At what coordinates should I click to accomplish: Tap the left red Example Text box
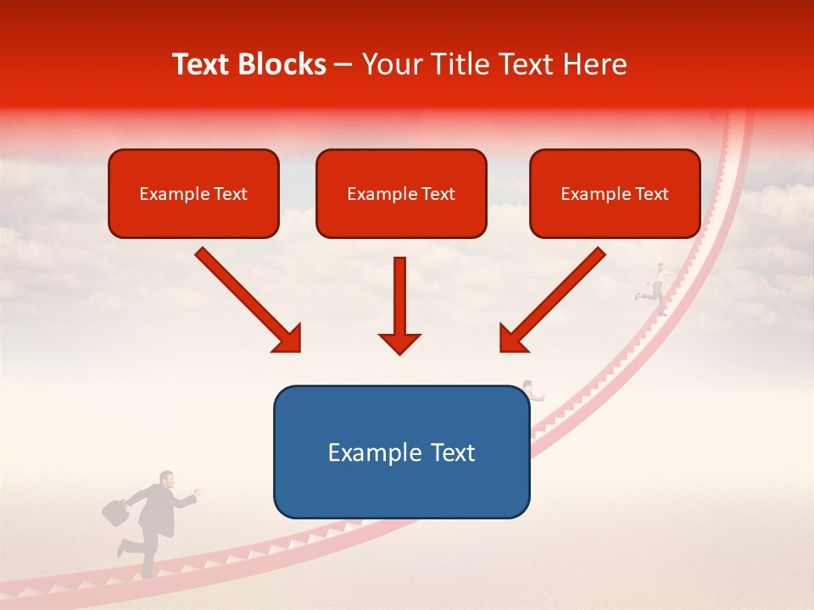point(193,193)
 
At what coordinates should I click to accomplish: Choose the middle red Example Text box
point(401,193)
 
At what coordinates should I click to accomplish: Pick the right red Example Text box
point(615,193)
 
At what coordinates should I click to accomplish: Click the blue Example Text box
point(401,452)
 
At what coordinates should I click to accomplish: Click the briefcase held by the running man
point(115,511)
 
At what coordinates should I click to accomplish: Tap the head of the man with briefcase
point(168,480)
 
